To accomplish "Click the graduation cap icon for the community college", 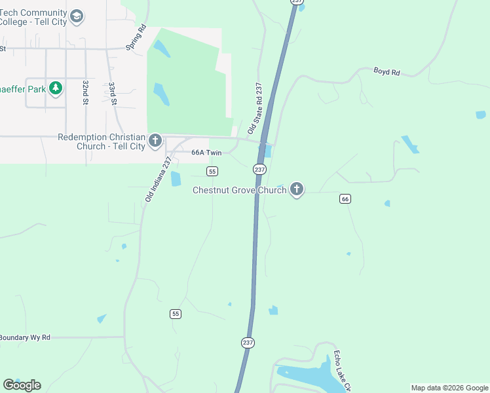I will (x=77, y=16).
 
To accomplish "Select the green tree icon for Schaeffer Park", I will (x=56, y=88).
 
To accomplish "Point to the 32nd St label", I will (x=85, y=93).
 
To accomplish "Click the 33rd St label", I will (x=113, y=94).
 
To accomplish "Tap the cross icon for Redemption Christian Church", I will (x=155, y=141).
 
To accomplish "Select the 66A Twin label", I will (x=207, y=152).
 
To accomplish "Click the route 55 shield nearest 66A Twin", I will (x=212, y=171).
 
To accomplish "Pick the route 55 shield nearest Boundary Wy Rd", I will (x=175, y=314).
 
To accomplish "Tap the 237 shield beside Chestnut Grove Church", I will (x=259, y=169).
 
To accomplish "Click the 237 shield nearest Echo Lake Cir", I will (x=247, y=343).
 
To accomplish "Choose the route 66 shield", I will (x=345, y=198).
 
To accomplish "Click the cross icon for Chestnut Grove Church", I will (x=297, y=190).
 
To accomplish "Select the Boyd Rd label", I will (x=386, y=71).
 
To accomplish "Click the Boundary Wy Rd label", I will (x=24, y=337).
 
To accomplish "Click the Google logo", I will (x=22, y=385).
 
